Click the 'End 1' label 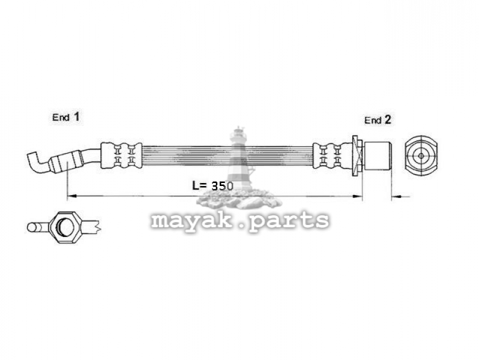click(x=65, y=117)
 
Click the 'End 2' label click(x=378, y=120)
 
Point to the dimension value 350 click(x=222, y=185)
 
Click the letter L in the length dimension click(x=196, y=185)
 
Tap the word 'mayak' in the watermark click(x=192, y=220)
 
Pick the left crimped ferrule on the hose click(x=121, y=155)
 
